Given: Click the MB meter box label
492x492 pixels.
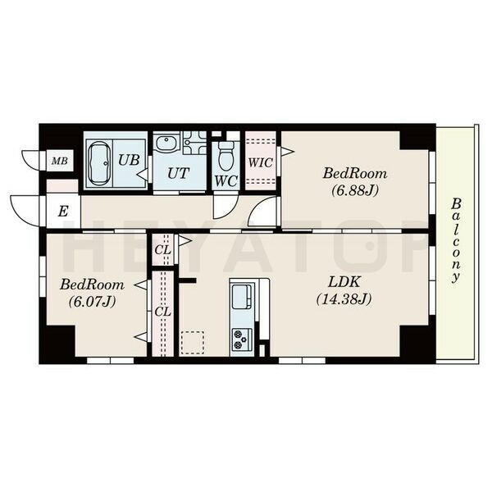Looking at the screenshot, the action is coord(60,162).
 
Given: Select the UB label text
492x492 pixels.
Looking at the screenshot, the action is coord(129,160).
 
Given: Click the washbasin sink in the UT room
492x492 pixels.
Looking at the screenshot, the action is coord(166,144).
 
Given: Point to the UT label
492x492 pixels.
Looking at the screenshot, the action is coord(179,173).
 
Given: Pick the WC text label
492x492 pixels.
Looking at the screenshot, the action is coord(226,180).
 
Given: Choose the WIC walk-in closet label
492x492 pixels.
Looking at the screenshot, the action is coord(261,162).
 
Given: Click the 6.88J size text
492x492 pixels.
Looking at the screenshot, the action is coord(355,190).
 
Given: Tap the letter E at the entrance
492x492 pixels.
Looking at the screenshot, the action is coord(63,212).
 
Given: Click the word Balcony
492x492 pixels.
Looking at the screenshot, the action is coord(456,240).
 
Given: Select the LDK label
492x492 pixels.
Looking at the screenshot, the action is coord(344,282).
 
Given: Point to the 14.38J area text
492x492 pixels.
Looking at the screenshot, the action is coord(344,299).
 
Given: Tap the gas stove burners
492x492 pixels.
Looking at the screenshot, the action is coord(242,339).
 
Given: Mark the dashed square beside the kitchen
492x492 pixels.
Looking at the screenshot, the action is coord(193,343).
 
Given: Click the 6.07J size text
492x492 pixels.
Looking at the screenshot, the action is coord(92,302).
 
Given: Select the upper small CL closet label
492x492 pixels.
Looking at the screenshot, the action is coord(163,250).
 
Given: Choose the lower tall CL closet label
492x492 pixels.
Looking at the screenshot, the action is coord(163,312).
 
